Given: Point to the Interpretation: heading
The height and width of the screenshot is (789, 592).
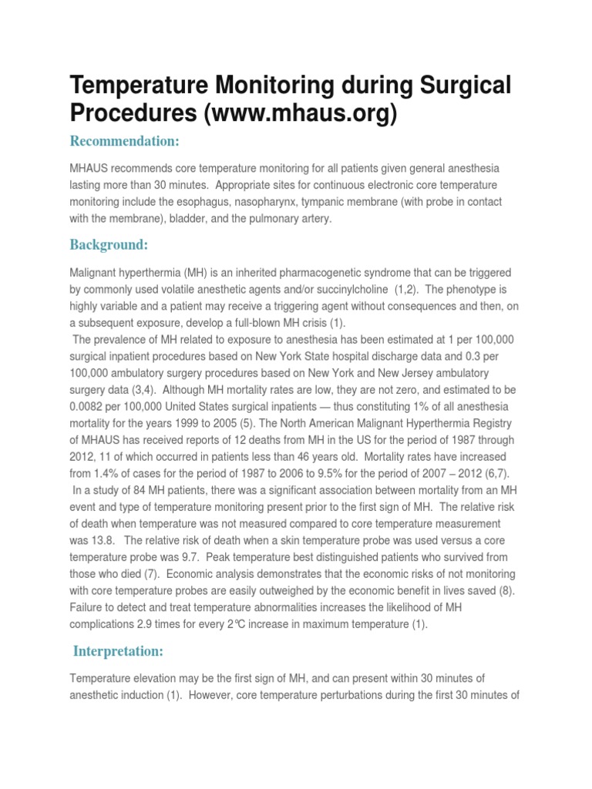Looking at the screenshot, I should (118, 651).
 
